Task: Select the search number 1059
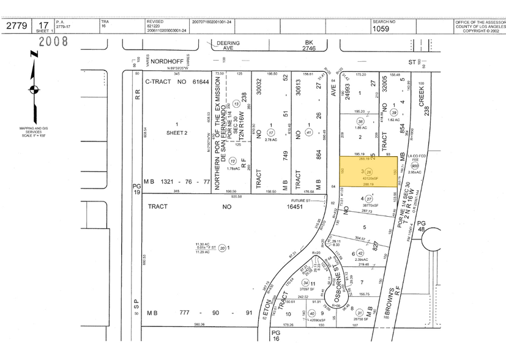point(381,28)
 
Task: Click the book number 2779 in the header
point(18,26)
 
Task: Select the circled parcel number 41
point(309,132)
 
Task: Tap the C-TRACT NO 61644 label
point(177,81)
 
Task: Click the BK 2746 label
point(313,45)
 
